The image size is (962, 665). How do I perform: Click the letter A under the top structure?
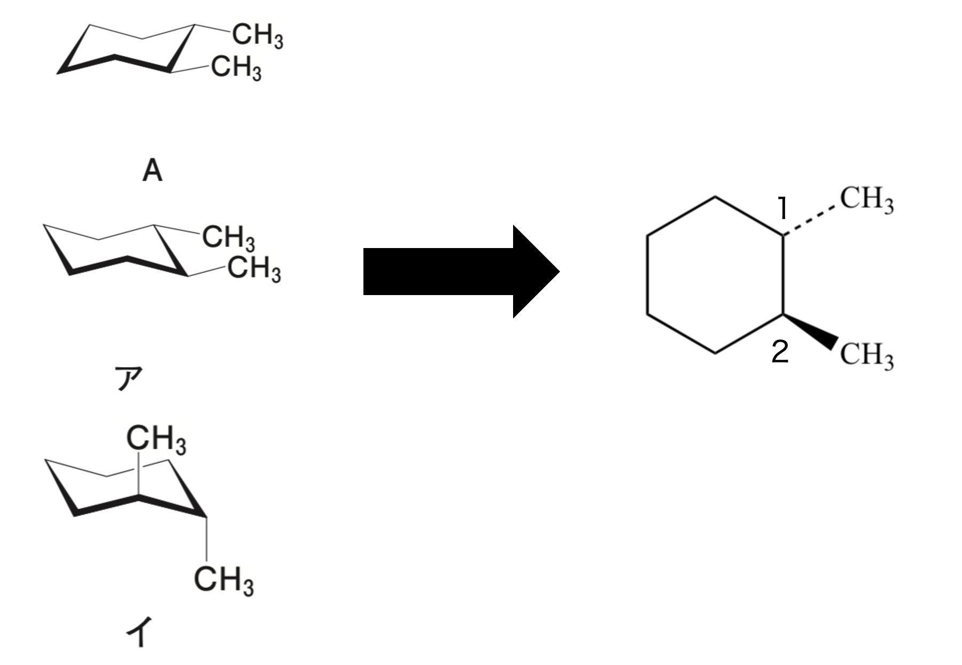[152, 171]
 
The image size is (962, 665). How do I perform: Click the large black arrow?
[460, 272]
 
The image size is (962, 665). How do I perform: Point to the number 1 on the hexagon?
[782, 208]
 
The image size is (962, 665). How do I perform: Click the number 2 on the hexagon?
[780, 352]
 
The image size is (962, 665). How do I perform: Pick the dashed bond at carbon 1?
[810, 220]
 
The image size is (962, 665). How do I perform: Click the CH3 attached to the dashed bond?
[866, 199]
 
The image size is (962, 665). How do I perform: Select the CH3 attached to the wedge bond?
[866, 355]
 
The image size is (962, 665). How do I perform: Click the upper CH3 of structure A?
[258, 36]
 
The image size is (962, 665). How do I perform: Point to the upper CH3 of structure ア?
[228, 237]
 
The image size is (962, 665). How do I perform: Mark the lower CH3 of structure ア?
[254, 268]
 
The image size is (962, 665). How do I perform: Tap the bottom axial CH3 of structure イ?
[223, 580]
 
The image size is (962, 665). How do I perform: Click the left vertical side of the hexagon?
[648, 275]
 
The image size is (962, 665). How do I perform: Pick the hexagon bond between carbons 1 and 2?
[783, 275]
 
